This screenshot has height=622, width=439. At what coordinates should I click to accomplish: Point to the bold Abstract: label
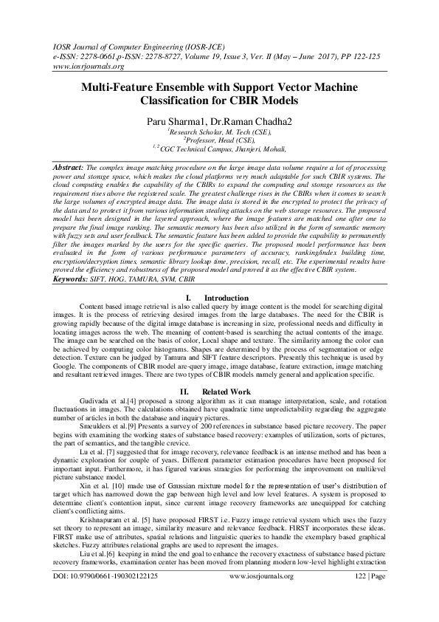point(68,168)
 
